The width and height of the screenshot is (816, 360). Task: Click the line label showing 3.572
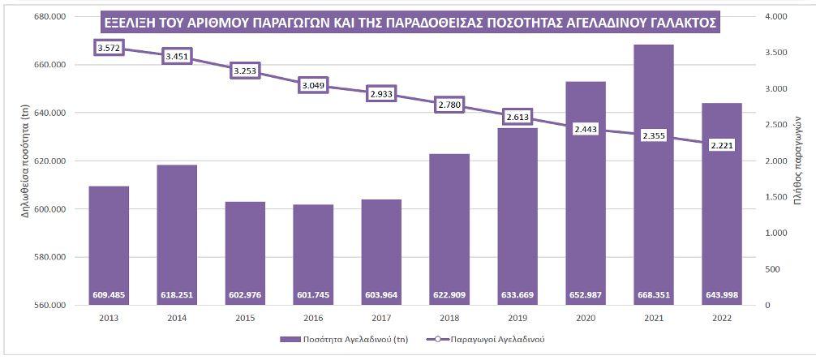(109, 49)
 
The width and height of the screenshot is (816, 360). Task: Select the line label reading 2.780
(449, 105)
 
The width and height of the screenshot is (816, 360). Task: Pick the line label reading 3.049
(313, 85)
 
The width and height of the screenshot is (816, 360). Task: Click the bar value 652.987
(585, 294)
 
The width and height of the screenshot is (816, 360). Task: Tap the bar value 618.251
(177, 294)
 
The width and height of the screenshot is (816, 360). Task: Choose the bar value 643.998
(721, 294)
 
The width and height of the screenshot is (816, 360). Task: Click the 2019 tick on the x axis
(517, 319)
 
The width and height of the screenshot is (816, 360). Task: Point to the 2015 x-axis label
(245, 319)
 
